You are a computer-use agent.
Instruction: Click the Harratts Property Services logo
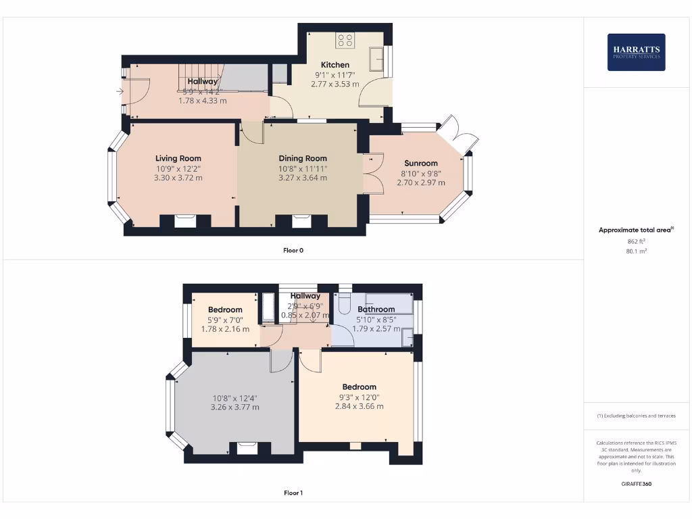tap(636, 52)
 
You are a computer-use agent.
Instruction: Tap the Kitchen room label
tap(335, 65)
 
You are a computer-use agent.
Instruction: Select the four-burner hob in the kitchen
tap(345, 40)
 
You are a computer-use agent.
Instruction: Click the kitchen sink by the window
tap(376, 59)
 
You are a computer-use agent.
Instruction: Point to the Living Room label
tap(178, 159)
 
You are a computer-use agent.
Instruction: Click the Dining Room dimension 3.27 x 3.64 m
tap(303, 178)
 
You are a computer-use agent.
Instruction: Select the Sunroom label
tap(421, 163)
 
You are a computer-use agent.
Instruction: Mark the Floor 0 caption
tap(293, 251)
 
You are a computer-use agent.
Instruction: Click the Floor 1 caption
tap(293, 493)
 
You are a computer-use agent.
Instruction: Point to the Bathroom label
tap(376, 310)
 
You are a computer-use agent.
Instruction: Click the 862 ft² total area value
tap(636, 241)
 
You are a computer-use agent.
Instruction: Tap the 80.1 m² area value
tap(636, 251)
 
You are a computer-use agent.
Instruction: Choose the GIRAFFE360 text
tap(636, 484)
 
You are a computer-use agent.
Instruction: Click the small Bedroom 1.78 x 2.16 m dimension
tap(225, 329)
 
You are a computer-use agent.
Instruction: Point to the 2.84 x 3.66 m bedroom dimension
tap(359, 407)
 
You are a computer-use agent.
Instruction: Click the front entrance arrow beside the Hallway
tap(120, 91)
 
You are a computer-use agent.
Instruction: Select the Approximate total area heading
tap(635, 230)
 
